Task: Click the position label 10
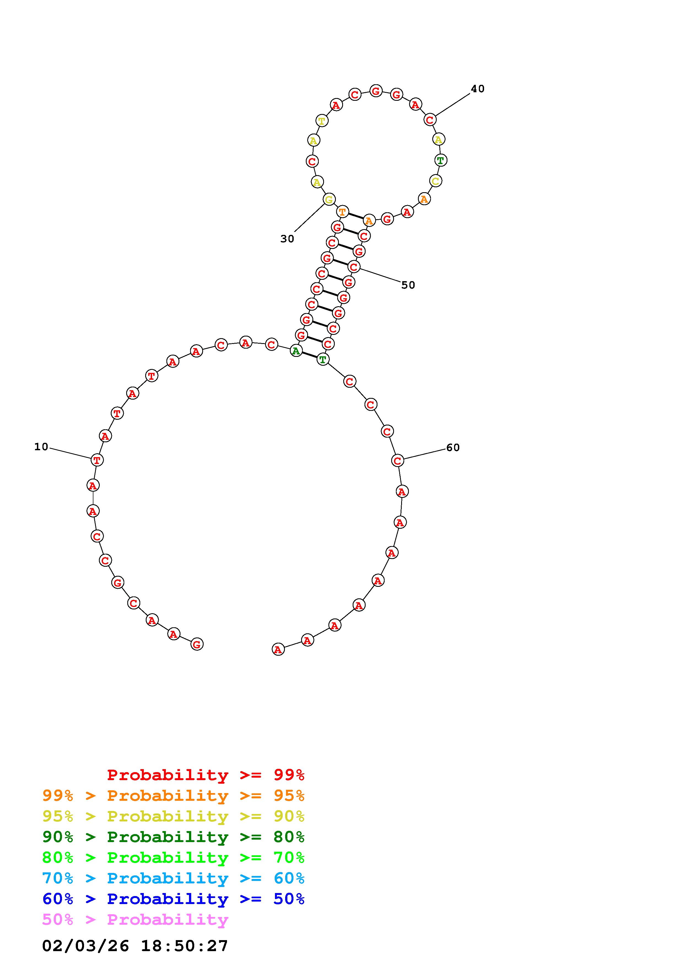click(41, 447)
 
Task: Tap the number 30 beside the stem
click(287, 239)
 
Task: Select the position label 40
click(478, 89)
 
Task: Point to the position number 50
click(408, 285)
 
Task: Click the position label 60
click(453, 448)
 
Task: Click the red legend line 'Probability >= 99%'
click(206, 775)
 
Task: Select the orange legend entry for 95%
click(173, 796)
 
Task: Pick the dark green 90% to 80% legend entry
click(173, 837)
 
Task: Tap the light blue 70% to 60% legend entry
click(173, 878)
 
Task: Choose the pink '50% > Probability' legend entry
click(135, 919)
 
